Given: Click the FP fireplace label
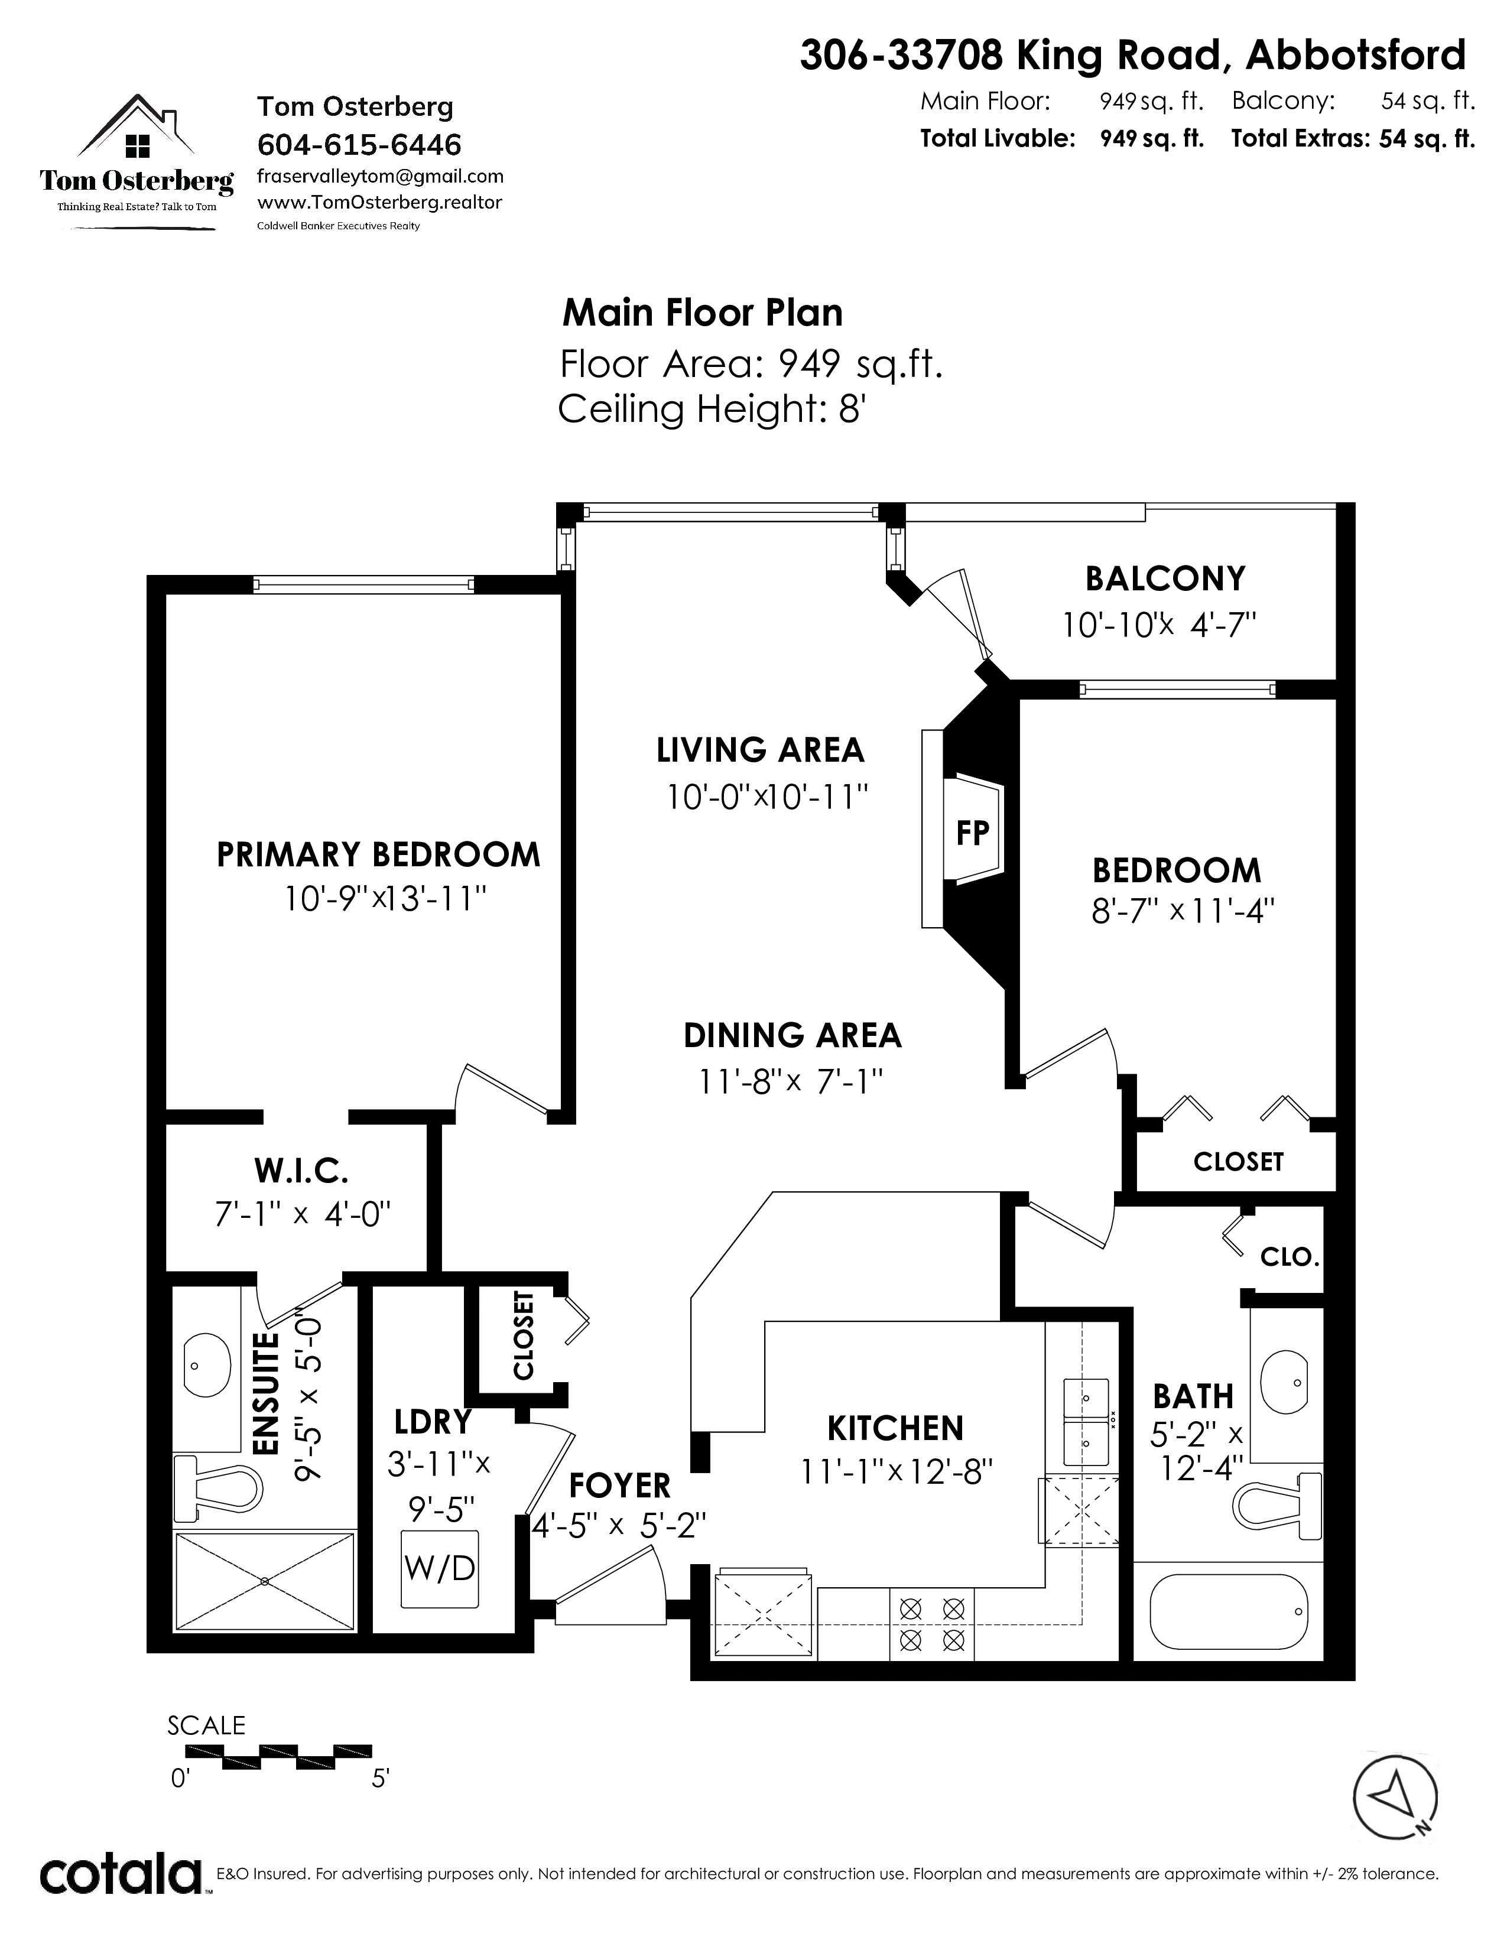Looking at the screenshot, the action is click(972, 832).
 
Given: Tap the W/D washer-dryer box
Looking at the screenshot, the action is click(439, 1568).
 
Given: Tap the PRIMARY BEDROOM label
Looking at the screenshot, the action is click(379, 854).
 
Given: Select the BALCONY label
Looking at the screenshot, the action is click(1165, 578).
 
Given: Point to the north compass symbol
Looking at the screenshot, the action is click(1395, 1794).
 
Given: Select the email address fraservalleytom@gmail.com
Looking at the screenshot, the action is click(381, 177).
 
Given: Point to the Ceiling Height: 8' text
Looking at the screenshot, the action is click(713, 409).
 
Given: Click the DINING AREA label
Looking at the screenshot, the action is click(793, 1035).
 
